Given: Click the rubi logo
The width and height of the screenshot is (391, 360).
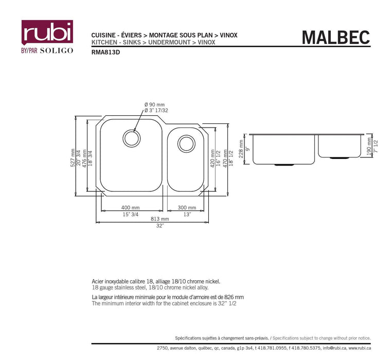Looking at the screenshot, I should (x=46, y=32).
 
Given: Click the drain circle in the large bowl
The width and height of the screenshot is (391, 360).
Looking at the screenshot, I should (x=130, y=138).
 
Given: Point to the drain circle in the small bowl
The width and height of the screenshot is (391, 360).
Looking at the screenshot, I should (x=186, y=143).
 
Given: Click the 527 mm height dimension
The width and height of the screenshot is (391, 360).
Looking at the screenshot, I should (x=73, y=157).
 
